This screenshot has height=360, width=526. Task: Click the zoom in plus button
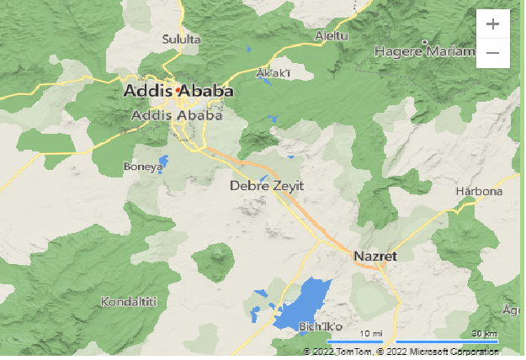(492, 24)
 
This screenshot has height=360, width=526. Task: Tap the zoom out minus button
(492, 53)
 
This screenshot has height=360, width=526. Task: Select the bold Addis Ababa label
(178, 90)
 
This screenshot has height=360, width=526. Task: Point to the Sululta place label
(182, 39)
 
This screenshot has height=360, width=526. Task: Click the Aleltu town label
(330, 35)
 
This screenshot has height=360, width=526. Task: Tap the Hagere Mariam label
(423, 51)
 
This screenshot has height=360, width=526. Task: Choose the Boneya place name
(142, 167)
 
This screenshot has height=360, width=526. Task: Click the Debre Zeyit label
(266, 186)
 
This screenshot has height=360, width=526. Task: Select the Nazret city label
(375, 256)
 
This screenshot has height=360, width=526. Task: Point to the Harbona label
(478, 191)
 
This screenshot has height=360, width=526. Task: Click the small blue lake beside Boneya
(162, 161)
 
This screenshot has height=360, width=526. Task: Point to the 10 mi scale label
(370, 334)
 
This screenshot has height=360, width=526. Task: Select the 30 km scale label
(484, 334)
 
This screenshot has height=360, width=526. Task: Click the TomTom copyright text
(337, 351)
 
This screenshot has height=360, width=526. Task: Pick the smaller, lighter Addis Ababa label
(177, 115)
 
